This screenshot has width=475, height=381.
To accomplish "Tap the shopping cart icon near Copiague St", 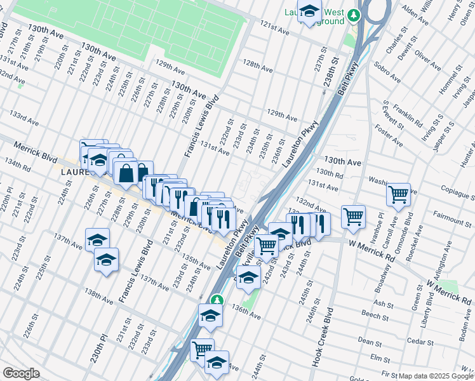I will [398, 194].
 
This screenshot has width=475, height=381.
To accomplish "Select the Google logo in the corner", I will [21, 373].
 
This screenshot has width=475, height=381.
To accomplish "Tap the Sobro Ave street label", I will [387, 73].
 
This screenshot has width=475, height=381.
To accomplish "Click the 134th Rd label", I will [18, 166].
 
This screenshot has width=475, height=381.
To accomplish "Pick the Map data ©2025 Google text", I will [436, 376].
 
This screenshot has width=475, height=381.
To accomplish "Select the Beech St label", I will [370, 314].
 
